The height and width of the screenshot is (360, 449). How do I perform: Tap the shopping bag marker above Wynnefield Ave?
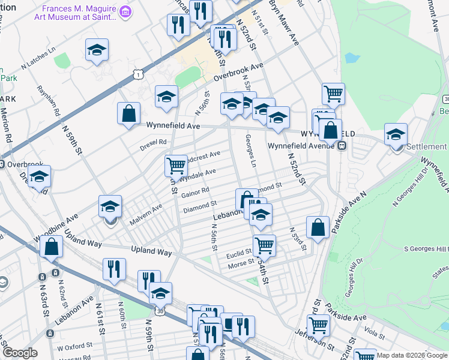(x=129, y=114)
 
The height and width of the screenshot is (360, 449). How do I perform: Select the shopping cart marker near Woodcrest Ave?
(x=176, y=165)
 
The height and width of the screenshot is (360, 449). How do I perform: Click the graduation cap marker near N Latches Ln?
(x=96, y=52)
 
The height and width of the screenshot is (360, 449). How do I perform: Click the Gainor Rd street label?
(x=195, y=193)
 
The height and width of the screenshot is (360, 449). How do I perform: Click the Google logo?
(x=20, y=353)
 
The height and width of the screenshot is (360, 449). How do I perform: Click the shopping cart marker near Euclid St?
(x=264, y=245)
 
